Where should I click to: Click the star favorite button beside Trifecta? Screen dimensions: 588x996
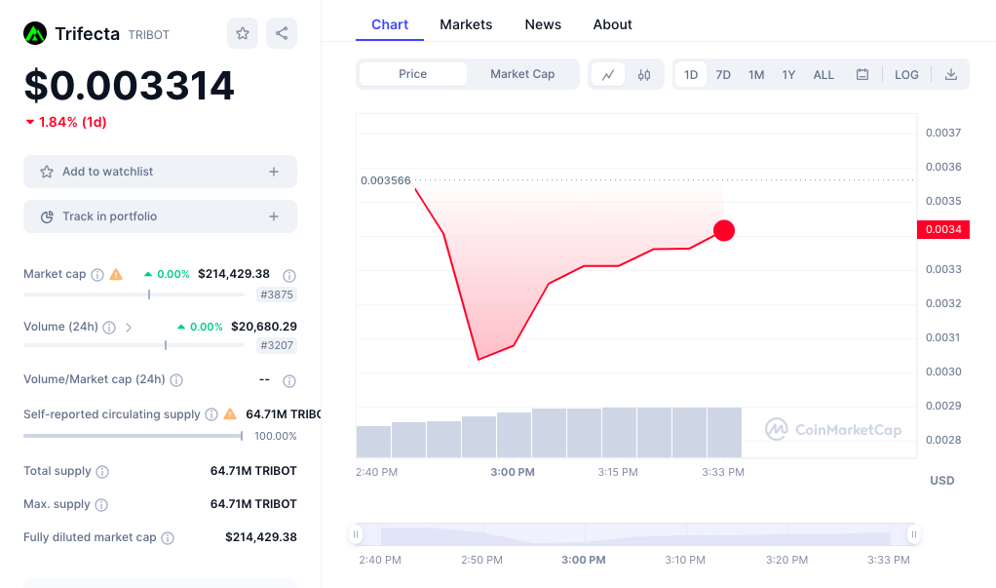point(243,33)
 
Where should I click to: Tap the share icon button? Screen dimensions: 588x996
point(282,33)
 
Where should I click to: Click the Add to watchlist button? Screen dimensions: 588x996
point(160,172)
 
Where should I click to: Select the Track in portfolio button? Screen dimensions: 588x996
point(160,216)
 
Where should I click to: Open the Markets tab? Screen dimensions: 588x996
point(466,24)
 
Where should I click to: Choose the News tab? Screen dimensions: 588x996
point(543,24)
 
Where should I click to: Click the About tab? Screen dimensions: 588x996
point(612,24)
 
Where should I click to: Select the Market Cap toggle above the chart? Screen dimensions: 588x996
point(522,74)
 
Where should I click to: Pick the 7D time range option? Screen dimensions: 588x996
point(723,75)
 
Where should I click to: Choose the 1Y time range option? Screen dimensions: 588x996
point(788,75)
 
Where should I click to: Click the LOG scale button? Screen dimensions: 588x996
point(906,75)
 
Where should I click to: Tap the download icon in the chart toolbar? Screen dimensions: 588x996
point(951,75)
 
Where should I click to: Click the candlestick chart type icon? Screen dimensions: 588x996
point(644,75)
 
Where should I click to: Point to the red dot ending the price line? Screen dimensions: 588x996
point(724,231)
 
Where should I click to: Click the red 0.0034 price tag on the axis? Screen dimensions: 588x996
point(942,230)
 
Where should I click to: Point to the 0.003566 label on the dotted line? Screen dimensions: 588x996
point(386,180)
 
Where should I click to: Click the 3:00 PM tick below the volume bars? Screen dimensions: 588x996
point(513,472)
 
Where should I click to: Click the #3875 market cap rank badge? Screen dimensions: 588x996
point(278,294)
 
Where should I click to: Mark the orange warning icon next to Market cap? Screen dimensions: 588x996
point(116,275)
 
